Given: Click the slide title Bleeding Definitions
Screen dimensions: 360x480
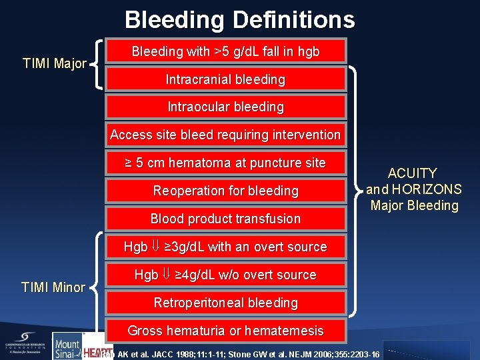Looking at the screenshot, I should coord(239,19).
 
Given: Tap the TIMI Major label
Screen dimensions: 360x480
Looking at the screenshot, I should coord(54,64).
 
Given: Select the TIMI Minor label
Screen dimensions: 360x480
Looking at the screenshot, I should coord(53,287).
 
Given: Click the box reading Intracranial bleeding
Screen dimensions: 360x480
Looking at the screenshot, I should coord(225,79).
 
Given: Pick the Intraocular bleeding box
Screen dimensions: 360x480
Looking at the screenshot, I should coord(225,107).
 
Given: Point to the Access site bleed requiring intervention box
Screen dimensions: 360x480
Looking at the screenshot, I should coord(225,135).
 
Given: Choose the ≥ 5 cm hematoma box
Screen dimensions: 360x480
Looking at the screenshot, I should coord(225,163).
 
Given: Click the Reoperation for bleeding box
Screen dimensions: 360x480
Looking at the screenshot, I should coord(225,191).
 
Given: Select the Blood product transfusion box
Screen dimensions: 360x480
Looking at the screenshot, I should coord(225,219).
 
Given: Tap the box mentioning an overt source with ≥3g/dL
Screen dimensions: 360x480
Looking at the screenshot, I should coord(225,247).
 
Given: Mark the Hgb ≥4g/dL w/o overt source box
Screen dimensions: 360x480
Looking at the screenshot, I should coord(225,275).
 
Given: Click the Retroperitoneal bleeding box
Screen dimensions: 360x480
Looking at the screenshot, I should coord(225,303).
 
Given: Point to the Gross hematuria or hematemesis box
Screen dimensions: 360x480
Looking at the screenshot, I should coord(225,331).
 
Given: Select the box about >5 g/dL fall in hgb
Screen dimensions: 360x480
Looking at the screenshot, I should coord(225,51).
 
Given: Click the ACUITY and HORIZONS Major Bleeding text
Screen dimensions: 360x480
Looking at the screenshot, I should coord(413,189).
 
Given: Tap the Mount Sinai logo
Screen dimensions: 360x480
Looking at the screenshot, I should coord(67,346).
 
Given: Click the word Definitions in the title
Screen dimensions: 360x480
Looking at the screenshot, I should coord(293,19).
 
